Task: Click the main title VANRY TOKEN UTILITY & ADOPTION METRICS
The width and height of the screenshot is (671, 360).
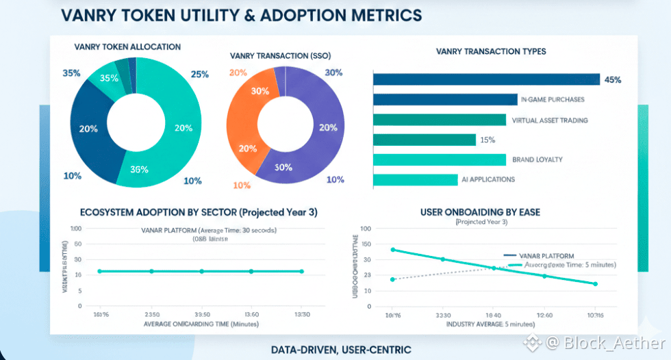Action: coord(241,14)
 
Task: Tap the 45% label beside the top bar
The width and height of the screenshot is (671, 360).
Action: coord(613,79)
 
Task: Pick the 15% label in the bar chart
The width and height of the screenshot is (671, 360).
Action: coord(488,140)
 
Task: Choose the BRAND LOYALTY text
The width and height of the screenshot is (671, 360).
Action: coord(537,159)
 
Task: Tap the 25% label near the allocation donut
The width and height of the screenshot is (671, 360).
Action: coord(199,74)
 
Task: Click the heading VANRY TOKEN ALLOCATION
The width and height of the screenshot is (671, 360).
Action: coord(127,47)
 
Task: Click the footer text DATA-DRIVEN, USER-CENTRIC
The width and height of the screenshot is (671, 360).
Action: coord(341,350)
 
